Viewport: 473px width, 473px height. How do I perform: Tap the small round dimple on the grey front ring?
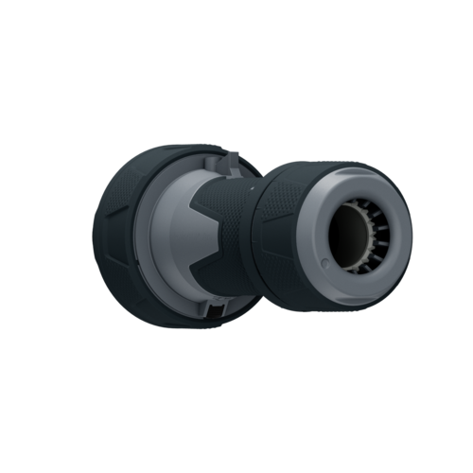pyautogui.click(x=324, y=261)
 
